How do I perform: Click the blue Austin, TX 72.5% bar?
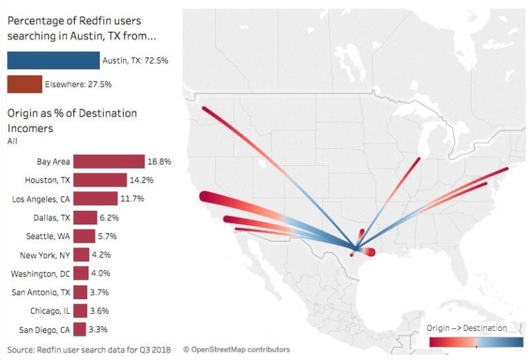53,61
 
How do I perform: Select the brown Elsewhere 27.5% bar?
24,84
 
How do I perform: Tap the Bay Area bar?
109,162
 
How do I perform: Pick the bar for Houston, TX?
100,180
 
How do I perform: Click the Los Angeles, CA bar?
95,199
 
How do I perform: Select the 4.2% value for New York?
102,255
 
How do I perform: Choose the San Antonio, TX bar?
80,292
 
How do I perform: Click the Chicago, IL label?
49,311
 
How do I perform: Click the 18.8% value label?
158,162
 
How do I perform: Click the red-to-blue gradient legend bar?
476,341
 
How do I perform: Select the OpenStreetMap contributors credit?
236,350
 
